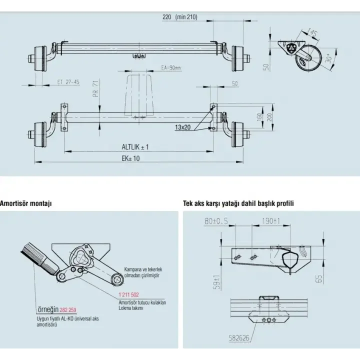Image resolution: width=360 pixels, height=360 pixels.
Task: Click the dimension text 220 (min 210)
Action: click(x=180, y=16)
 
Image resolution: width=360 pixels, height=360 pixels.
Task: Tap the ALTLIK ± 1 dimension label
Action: click(x=135, y=146)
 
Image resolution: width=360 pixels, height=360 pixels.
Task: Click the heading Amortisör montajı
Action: click(x=26, y=203)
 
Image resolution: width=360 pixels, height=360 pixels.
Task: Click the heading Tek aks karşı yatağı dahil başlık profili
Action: click(x=238, y=203)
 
